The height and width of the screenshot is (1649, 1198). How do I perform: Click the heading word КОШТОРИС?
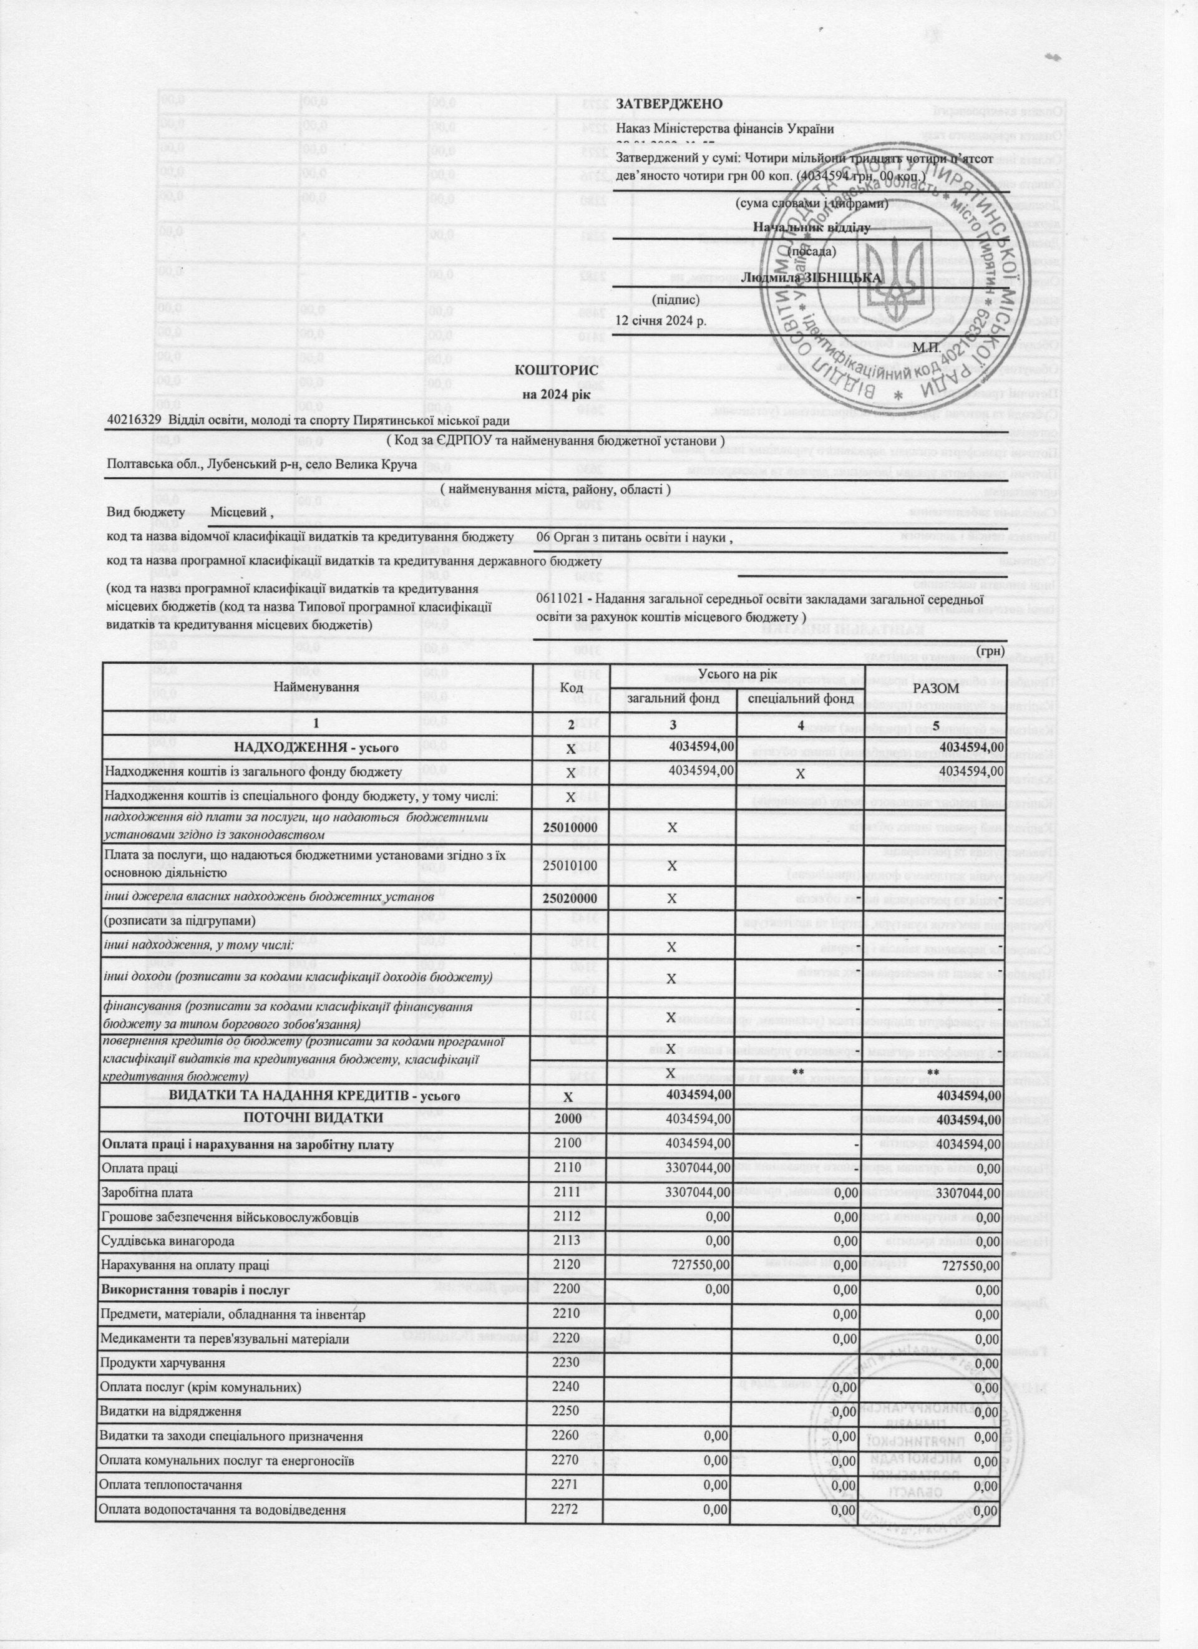click(x=557, y=371)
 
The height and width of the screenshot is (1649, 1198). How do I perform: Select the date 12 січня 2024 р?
click(x=660, y=320)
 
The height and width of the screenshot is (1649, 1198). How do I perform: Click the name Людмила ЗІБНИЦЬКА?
click(x=811, y=278)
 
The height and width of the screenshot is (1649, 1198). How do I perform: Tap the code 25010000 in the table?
click(x=571, y=828)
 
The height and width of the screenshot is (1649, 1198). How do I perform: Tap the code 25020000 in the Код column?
click(x=571, y=898)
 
